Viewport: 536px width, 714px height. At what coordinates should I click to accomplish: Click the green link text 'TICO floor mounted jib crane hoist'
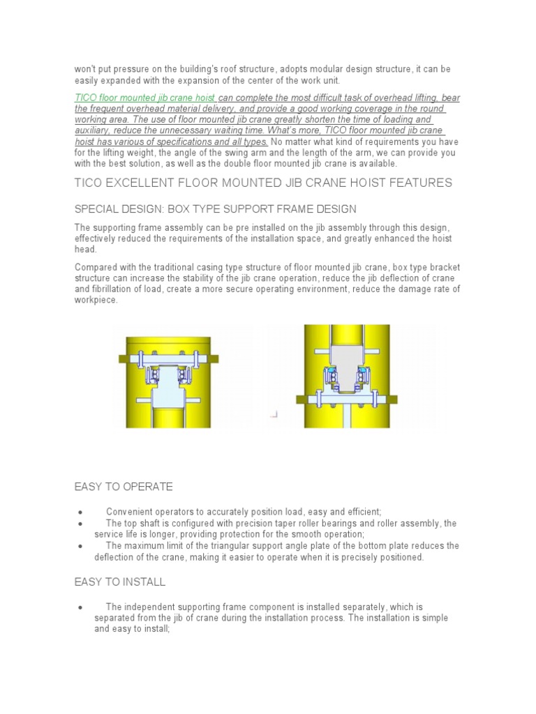tap(145, 98)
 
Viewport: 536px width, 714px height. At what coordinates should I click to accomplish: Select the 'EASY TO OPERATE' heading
tap(124, 486)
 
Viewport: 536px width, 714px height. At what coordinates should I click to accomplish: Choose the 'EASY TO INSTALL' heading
tap(120, 582)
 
